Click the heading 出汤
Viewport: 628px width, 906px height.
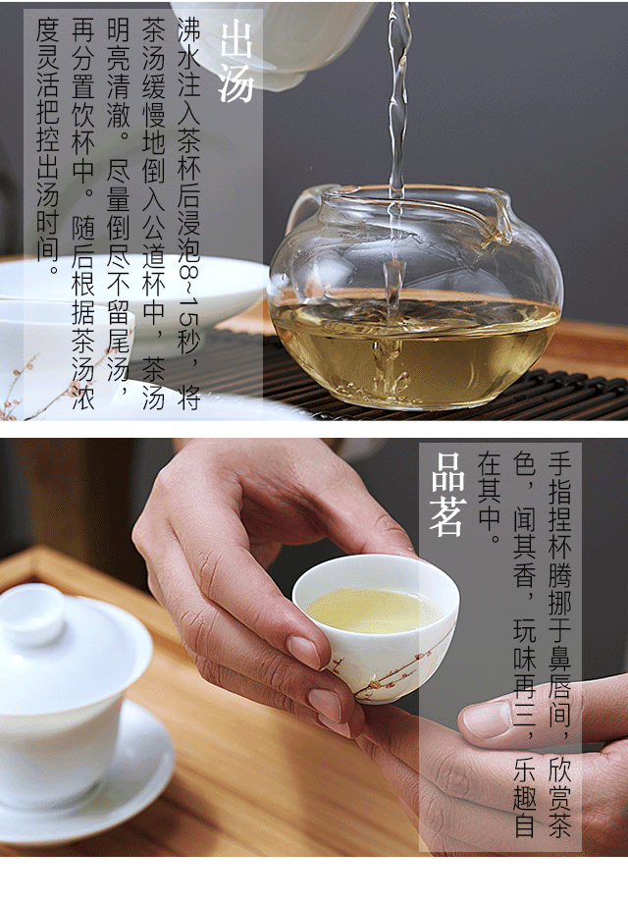coord(236,61)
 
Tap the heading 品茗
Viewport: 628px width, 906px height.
coord(447,495)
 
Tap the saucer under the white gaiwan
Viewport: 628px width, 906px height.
coord(86,774)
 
